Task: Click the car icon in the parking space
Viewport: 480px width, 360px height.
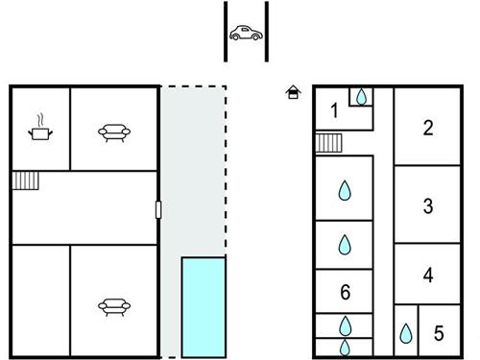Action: click(x=246, y=33)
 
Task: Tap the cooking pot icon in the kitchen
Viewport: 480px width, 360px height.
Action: click(x=40, y=129)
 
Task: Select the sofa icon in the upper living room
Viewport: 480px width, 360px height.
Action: click(x=114, y=132)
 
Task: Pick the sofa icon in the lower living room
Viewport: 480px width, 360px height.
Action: click(x=114, y=306)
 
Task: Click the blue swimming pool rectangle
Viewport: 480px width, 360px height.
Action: click(x=204, y=307)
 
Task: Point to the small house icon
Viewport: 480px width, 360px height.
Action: click(x=293, y=92)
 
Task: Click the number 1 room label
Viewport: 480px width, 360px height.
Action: click(x=334, y=110)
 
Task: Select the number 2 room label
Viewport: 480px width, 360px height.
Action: click(x=428, y=128)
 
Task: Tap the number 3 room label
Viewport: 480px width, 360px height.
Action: click(x=428, y=206)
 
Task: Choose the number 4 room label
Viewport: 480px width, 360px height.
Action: click(x=428, y=276)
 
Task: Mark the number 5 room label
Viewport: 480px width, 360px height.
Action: click(x=439, y=333)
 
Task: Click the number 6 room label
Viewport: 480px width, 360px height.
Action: click(x=345, y=292)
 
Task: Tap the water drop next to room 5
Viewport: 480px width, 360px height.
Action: click(x=406, y=333)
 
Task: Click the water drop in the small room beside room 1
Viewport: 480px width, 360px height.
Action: click(x=361, y=97)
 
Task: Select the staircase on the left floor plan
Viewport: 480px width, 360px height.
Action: click(x=25, y=180)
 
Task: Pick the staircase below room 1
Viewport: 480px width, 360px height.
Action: click(x=328, y=143)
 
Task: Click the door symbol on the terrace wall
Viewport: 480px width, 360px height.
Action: click(x=158, y=210)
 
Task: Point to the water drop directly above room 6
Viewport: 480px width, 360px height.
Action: click(x=345, y=245)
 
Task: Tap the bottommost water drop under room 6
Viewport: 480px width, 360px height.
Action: click(x=345, y=348)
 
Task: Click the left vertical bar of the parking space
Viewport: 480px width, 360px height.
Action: click(x=226, y=32)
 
